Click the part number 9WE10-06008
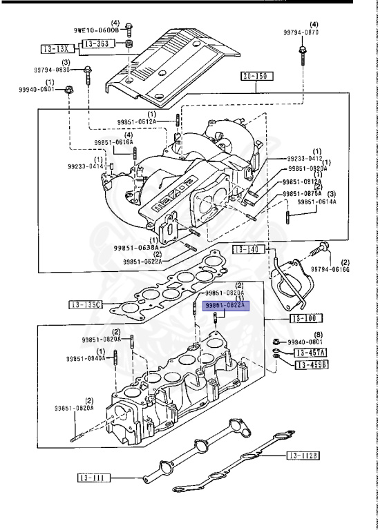tap(101, 31)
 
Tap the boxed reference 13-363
tap(97, 43)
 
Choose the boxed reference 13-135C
tap(85, 304)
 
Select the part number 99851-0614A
tap(317, 202)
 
